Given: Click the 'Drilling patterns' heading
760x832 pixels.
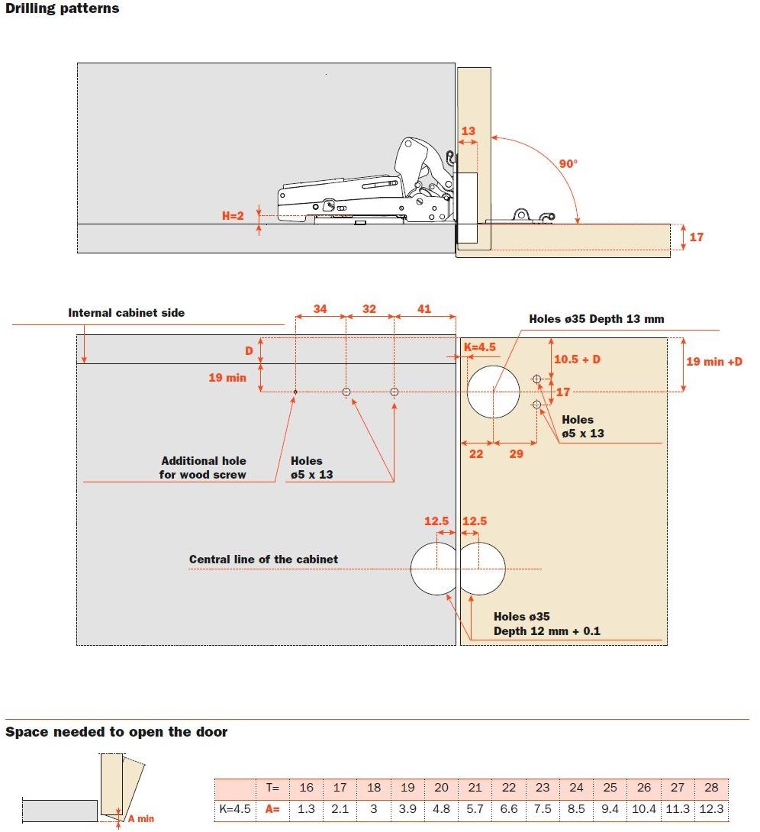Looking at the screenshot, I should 63,9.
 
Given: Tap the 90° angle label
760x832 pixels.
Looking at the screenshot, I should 568,163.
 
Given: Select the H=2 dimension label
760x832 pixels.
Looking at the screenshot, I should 233,216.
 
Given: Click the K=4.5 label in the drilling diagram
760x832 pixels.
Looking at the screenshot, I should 479,347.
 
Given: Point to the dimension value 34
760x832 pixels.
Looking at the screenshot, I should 320,309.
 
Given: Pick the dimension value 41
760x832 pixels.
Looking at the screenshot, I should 424,309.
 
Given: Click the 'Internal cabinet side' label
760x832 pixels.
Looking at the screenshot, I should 126,313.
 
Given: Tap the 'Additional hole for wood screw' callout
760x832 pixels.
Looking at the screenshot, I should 203,468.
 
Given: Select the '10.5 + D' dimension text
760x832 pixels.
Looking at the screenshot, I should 577,359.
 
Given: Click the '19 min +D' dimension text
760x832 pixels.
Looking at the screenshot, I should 714,361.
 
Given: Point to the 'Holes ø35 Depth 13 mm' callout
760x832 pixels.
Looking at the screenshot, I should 597,319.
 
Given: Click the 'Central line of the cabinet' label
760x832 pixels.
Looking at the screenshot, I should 263,560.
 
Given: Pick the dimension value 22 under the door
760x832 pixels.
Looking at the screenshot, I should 476,454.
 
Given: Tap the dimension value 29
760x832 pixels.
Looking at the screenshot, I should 516,454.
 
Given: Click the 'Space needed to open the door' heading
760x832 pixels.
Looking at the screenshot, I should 116,732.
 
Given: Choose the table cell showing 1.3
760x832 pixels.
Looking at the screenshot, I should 306,809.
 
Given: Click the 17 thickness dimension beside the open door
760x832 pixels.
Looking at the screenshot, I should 696,237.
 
